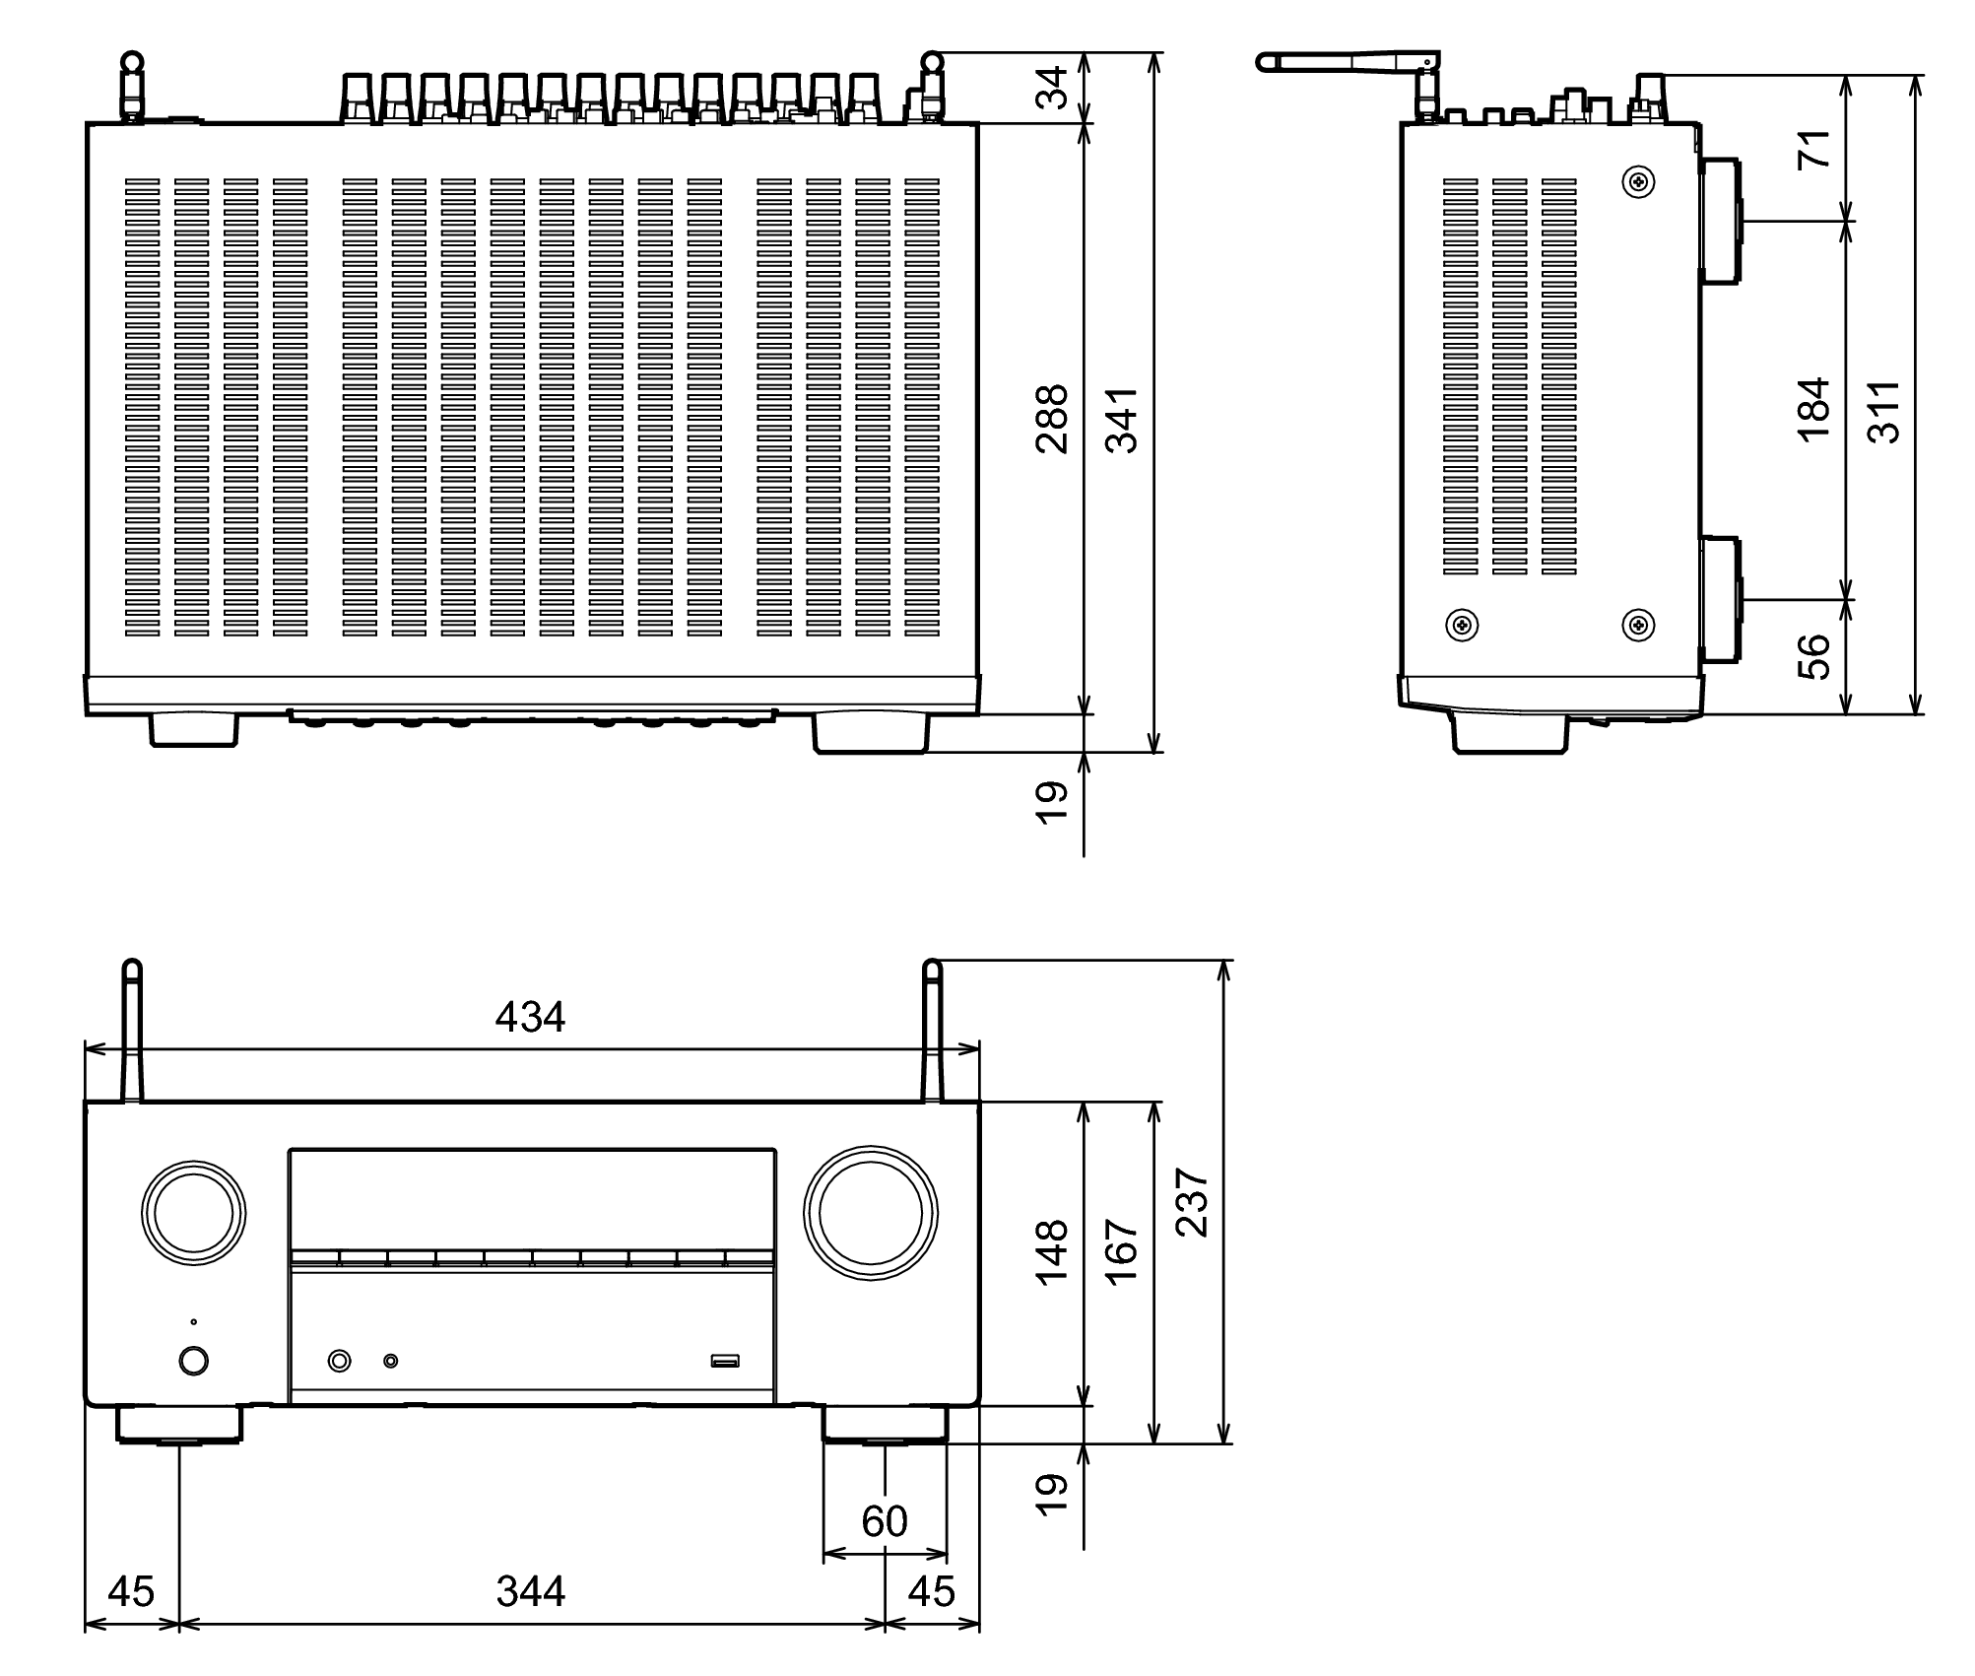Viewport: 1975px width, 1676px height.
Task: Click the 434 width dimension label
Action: click(530, 1017)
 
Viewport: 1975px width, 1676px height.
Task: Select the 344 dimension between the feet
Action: click(530, 1591)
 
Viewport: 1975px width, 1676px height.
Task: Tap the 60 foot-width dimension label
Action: click(884, 1522)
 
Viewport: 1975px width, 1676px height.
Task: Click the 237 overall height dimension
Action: click(1193, 1202)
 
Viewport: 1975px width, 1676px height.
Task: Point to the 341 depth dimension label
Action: click(1121, 419)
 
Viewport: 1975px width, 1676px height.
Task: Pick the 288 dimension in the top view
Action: click(1052, 419)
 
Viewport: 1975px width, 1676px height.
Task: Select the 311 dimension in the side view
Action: click(1883, 411)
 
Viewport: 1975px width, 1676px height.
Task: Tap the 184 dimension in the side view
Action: click(1813, 410)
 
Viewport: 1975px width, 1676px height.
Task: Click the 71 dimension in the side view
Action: click(1813, 148)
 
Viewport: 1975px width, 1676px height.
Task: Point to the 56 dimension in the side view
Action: click(1813, 656)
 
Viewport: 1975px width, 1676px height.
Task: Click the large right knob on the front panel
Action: click(870, 1213)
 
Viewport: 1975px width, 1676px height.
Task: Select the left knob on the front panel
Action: click(193, 1213)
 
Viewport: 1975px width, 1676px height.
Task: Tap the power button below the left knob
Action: click(194, 1361)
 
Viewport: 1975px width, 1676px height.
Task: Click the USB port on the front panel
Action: click(725, 1362)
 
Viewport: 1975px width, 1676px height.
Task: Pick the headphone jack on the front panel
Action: click(339, 1361)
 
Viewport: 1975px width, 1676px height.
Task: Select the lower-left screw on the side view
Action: click(1461, 624)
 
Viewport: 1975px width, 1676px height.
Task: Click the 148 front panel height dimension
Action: click(1052, 1251)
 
